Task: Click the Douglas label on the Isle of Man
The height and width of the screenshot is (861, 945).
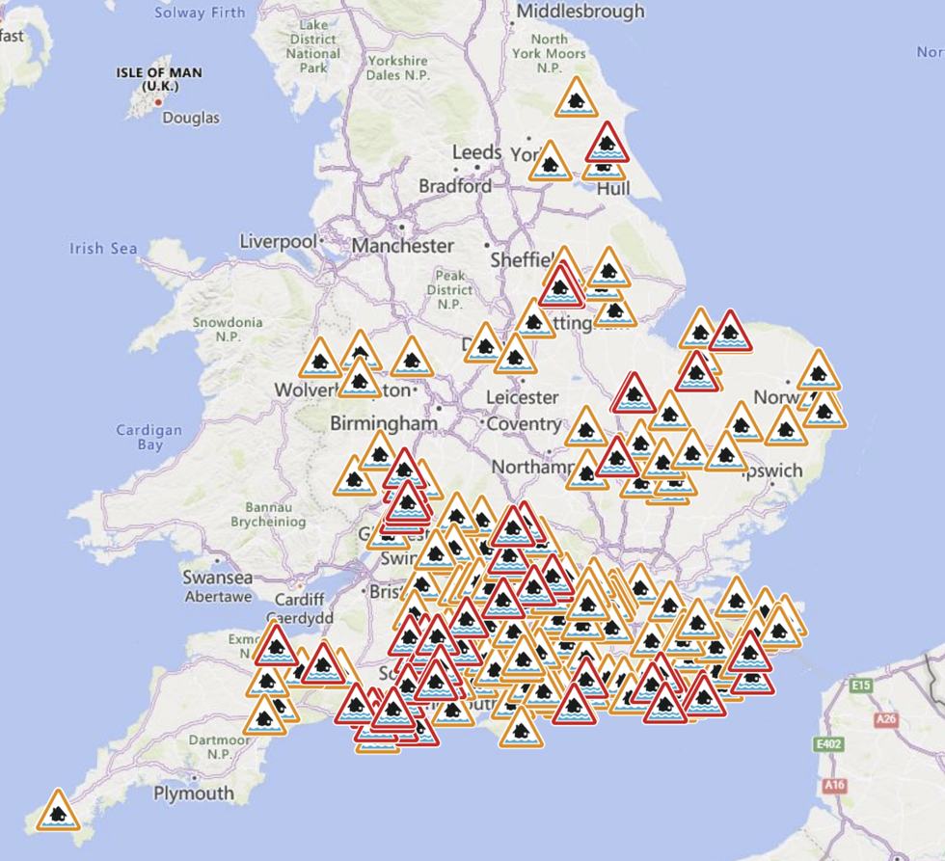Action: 190,118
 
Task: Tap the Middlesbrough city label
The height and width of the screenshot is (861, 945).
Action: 580,12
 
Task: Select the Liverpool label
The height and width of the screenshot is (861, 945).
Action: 278,241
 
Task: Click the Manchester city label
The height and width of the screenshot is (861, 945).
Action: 402,246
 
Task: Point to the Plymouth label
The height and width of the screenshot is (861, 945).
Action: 194,793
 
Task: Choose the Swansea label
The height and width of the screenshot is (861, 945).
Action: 218,578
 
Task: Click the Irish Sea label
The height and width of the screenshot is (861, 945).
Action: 103,249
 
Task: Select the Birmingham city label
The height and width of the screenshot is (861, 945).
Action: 384,423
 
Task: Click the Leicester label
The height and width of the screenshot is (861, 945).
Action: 522,396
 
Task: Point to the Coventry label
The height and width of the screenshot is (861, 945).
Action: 524,423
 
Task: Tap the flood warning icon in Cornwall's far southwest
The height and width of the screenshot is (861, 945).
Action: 58,811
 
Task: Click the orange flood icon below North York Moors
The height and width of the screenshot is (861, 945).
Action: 576,98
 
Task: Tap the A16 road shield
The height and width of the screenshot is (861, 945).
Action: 835,786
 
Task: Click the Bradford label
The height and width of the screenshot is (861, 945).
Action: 454,186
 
